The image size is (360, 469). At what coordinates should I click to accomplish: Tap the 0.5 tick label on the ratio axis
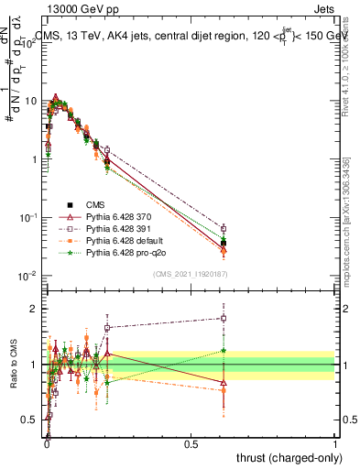click(31, 420)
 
